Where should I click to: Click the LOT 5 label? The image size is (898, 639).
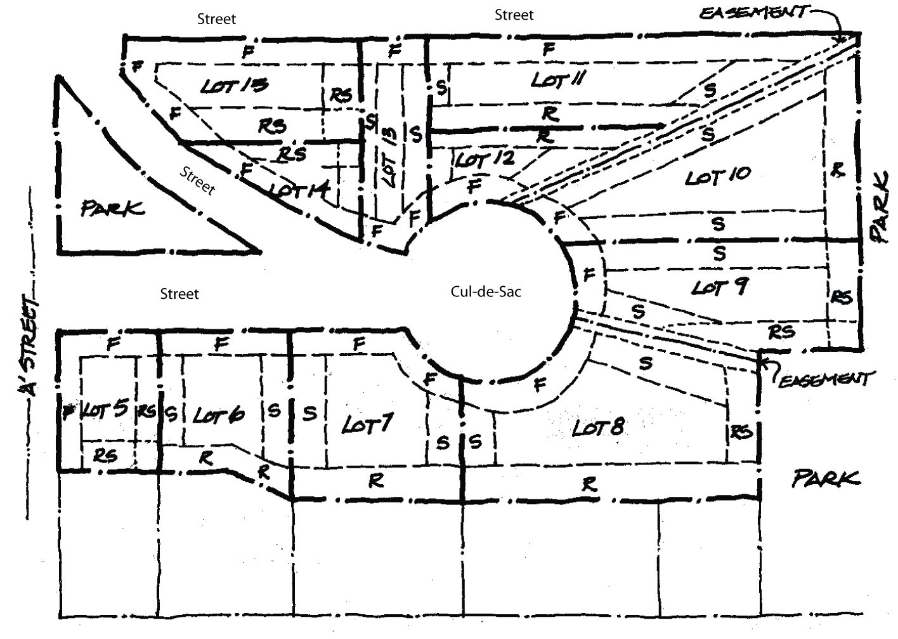[x=107, y=410]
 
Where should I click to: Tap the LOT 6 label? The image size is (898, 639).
[x=218, y=416]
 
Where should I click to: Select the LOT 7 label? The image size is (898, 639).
[x=368, y=423]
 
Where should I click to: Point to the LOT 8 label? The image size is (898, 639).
[x=598, y=427]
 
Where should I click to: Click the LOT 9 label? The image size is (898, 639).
[x=720, y=287]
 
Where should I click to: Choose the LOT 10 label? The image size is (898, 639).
[x=717, y=176]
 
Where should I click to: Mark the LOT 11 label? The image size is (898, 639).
[x=558, y=79]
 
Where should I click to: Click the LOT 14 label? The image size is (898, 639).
[x=297, y=190]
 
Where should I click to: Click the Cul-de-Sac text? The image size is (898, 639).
[x=486, y=291]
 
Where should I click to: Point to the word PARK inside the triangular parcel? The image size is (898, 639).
[x=112, y=208]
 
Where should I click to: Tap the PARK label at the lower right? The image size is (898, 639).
[x=826, y=478]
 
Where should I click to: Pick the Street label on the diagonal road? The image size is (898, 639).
[x=197, y=180]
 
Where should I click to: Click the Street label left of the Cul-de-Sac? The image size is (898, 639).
[x=179, y=294]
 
